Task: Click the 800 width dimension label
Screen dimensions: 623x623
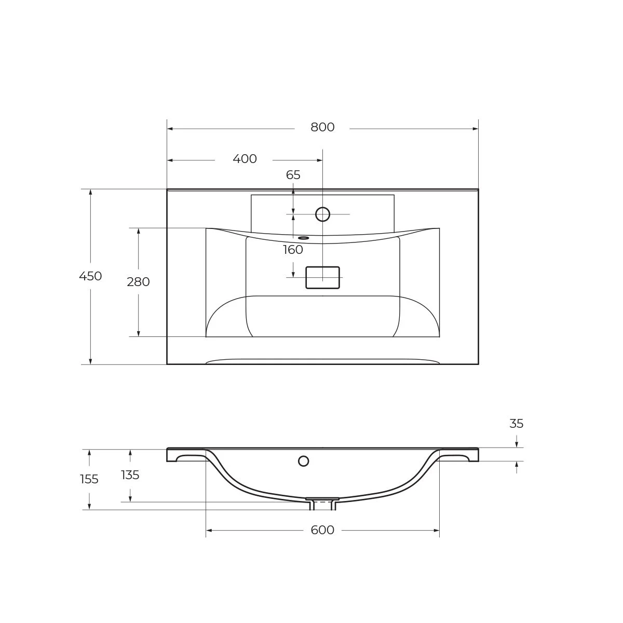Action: click(322, 127)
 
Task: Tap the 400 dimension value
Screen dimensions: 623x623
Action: click(245, 159)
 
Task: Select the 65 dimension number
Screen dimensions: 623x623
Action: click(293, 175)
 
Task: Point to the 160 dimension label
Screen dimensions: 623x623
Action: click(293, 250)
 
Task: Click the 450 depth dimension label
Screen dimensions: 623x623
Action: click(90, 276)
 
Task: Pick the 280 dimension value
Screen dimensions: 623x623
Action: click(139, 282)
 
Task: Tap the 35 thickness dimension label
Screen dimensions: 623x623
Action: click(516, 424)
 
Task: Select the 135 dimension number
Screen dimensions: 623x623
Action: click(130, 475)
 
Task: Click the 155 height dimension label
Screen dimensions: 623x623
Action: click(89, 479)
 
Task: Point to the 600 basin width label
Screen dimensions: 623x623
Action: click(322, 530)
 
